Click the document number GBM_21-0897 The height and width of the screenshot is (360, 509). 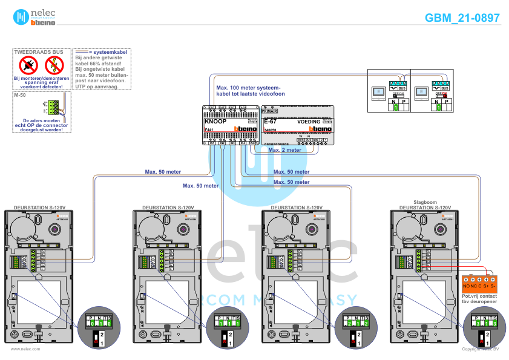[x=462, y=18]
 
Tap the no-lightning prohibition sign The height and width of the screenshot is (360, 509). [x=54, y=65]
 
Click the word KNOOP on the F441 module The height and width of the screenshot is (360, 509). [x=215, y=122]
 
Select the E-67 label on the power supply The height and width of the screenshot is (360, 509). [x=271, y=122]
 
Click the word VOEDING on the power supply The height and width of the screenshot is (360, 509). [x=309, y=122]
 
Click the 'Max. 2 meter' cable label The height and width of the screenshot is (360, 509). [x=284, y=149]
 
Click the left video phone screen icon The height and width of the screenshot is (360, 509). [x=378, y=92]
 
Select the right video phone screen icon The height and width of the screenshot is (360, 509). [x=421, y=92]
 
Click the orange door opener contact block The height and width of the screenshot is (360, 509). [x=479, y=282]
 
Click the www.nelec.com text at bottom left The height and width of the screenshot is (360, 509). [x=25, y=349]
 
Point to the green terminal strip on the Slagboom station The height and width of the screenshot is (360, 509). [x=400, y=262]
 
